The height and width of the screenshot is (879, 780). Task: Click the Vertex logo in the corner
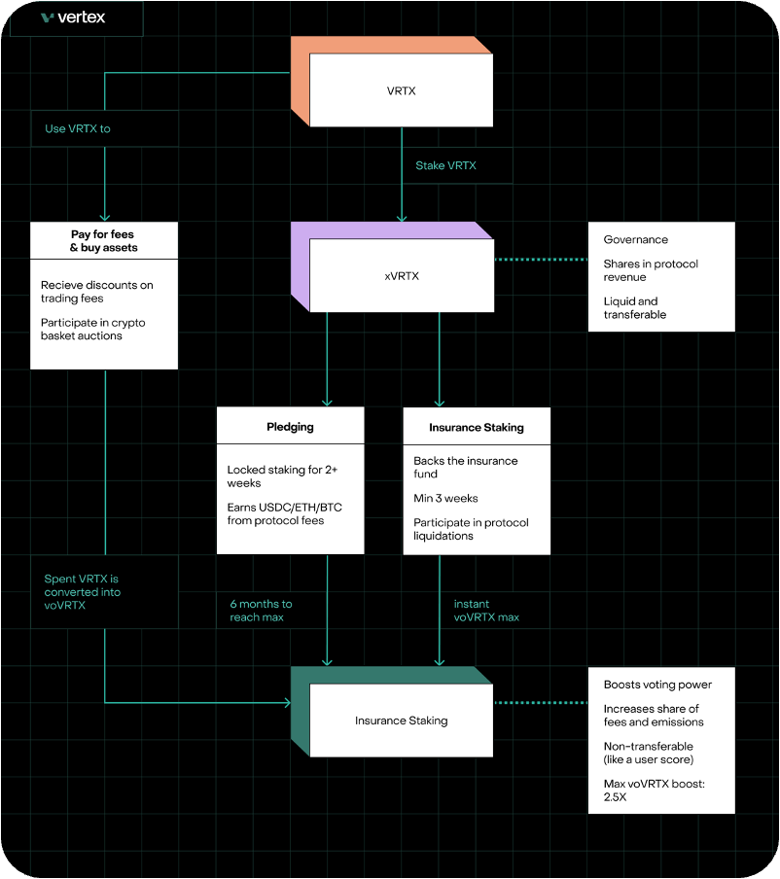(73, 18)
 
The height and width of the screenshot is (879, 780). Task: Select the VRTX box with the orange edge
(401, 91)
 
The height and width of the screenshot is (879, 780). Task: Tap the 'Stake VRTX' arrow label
(446, 165)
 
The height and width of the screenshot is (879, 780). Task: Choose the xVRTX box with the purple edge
(401, 276)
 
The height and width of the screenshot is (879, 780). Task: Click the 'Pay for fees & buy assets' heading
(104, 240)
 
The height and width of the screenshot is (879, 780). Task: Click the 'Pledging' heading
(290, 427)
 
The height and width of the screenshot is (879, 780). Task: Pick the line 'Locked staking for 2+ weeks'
(282, 476)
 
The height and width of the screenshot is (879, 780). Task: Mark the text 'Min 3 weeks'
(445, 498)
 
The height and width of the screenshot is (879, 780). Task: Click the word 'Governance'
(636, 239)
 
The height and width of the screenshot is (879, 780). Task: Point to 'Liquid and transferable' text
(630, 307)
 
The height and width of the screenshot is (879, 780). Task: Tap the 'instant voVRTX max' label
(486, 611)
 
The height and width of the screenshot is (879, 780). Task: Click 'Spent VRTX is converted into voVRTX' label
(83, 591)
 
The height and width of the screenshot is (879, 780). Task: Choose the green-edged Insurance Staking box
(401, 721)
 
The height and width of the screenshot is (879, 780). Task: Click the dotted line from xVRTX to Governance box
(541, 260)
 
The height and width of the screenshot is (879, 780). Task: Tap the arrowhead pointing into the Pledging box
(327, 401)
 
